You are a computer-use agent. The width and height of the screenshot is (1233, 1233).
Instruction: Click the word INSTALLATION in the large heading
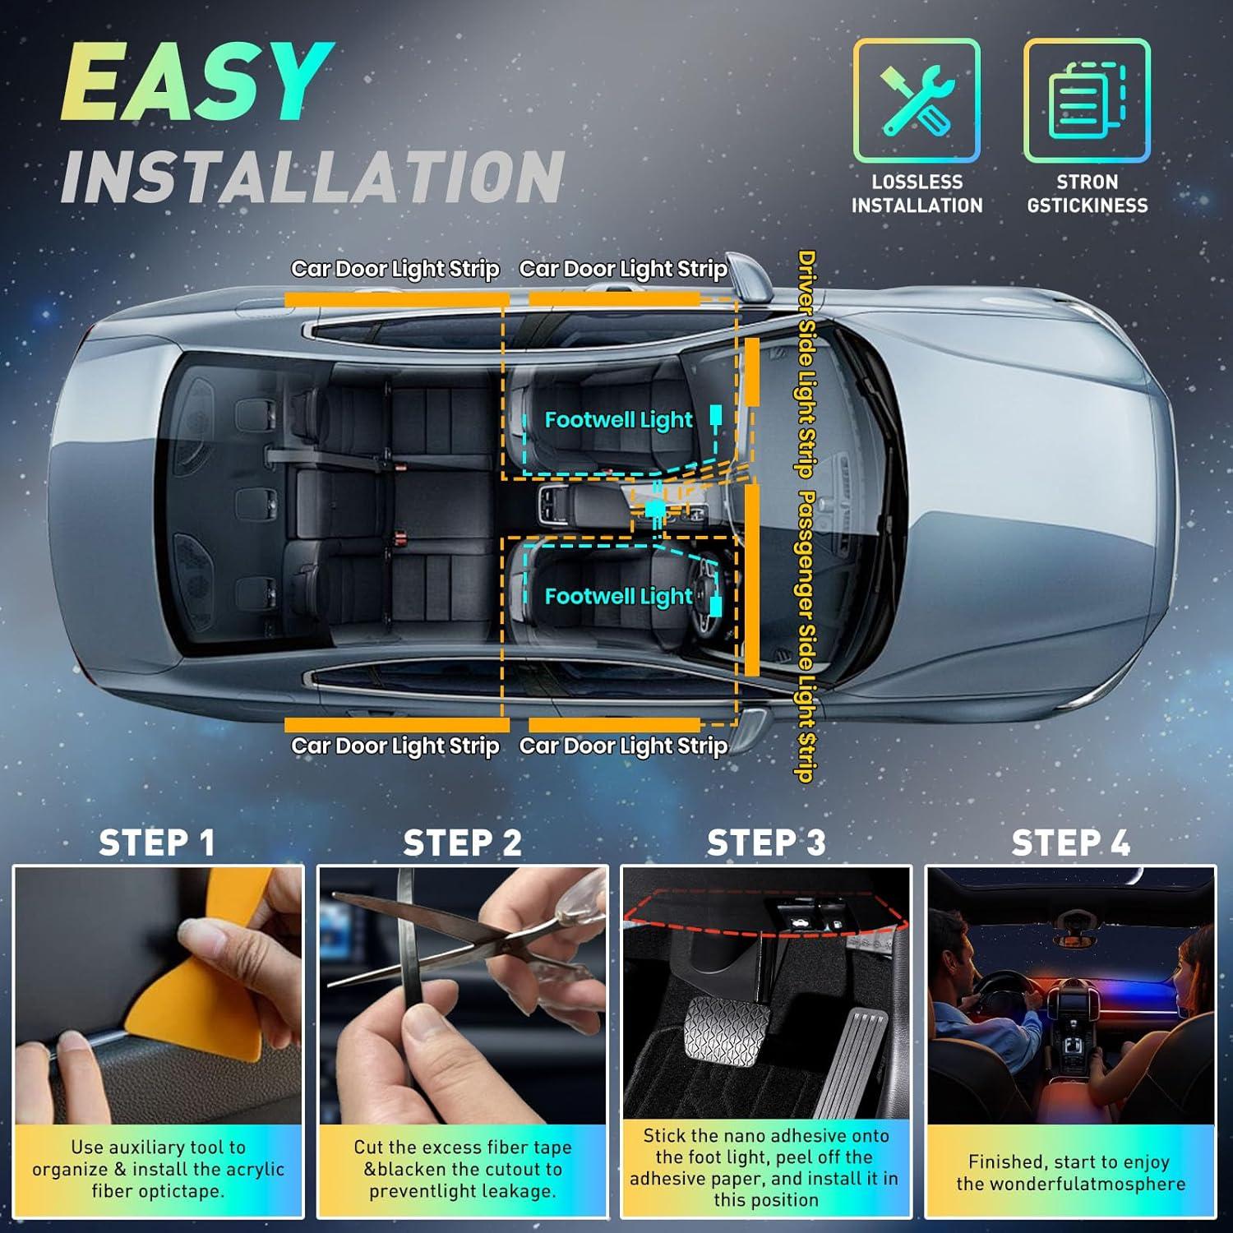pos(312,177)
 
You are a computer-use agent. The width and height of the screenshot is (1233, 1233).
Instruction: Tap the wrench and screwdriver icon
pos(917,100)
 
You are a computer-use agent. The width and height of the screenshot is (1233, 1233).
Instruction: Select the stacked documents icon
pos(1087,100)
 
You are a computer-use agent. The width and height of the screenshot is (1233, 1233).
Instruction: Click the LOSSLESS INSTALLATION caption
pos(917,194)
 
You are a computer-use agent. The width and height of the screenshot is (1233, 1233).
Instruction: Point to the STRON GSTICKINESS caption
pos(1087,194)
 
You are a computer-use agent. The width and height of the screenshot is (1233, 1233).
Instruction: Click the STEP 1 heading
pos(156,843)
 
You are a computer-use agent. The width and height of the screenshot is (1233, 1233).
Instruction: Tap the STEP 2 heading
pos(462,843)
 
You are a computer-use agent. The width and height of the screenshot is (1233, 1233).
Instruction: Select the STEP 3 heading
pos(766,843)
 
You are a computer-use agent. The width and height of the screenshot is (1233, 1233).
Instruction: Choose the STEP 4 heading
pos(1070,843)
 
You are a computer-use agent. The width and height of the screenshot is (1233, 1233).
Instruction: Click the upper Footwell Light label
pos(618,420)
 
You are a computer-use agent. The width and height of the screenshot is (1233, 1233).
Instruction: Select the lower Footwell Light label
pos(618,597)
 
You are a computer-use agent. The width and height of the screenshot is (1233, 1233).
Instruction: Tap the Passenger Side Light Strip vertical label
pos(806,637)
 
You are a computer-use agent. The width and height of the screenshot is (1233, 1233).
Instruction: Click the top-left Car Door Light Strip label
pos(395,270)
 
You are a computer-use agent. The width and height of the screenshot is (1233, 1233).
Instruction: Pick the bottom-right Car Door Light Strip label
pos(623,746)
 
